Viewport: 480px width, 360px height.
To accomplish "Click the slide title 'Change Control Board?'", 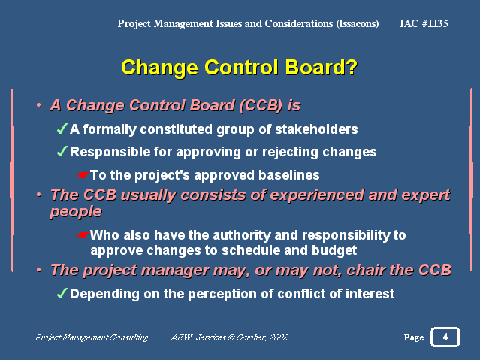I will (239, 67).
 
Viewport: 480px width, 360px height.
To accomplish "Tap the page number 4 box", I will (445, 337).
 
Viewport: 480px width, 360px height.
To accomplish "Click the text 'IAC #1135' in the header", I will (424, 24).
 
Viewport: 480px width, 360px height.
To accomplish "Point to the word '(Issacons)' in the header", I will (356, 24).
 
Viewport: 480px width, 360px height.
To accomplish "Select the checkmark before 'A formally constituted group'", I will (62, 129).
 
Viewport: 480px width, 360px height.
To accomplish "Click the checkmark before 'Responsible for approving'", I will (62, 152).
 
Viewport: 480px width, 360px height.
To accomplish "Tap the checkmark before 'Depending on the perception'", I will (62, 293).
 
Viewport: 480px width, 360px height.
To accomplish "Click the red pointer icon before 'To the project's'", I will (83, 175).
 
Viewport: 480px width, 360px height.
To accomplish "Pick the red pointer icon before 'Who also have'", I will (83, 235).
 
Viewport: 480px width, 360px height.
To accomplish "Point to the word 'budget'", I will (335, 250).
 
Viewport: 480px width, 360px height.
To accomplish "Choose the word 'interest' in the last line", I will (368, 294).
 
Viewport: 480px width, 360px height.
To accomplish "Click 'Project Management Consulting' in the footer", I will (92, 337).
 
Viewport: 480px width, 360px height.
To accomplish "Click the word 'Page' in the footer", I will (413, 338).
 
